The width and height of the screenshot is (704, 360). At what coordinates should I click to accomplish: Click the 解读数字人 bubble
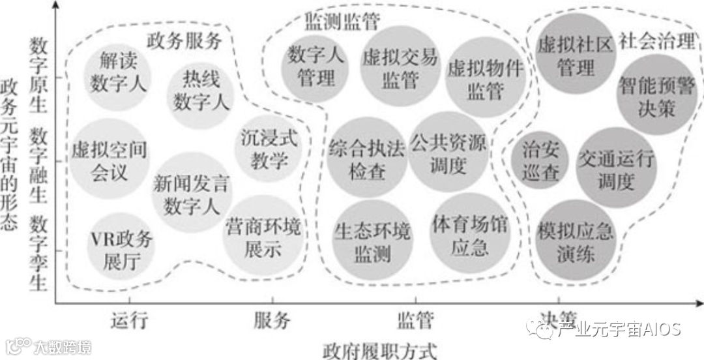click(x=118, y=73)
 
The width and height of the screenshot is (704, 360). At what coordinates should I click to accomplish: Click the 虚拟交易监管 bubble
click(x=399, y=68)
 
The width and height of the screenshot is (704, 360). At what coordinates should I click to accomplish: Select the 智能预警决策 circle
click(x=657, y=95)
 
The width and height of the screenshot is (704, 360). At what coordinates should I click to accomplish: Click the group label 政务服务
click(x=184, y=42)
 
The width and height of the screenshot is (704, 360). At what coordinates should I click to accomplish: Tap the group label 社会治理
click(x=657, y=42)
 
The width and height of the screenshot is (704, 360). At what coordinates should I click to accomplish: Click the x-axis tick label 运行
click(x=130, y=320)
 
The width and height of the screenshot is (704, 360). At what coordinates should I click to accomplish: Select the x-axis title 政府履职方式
click(x=379, y=349)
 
